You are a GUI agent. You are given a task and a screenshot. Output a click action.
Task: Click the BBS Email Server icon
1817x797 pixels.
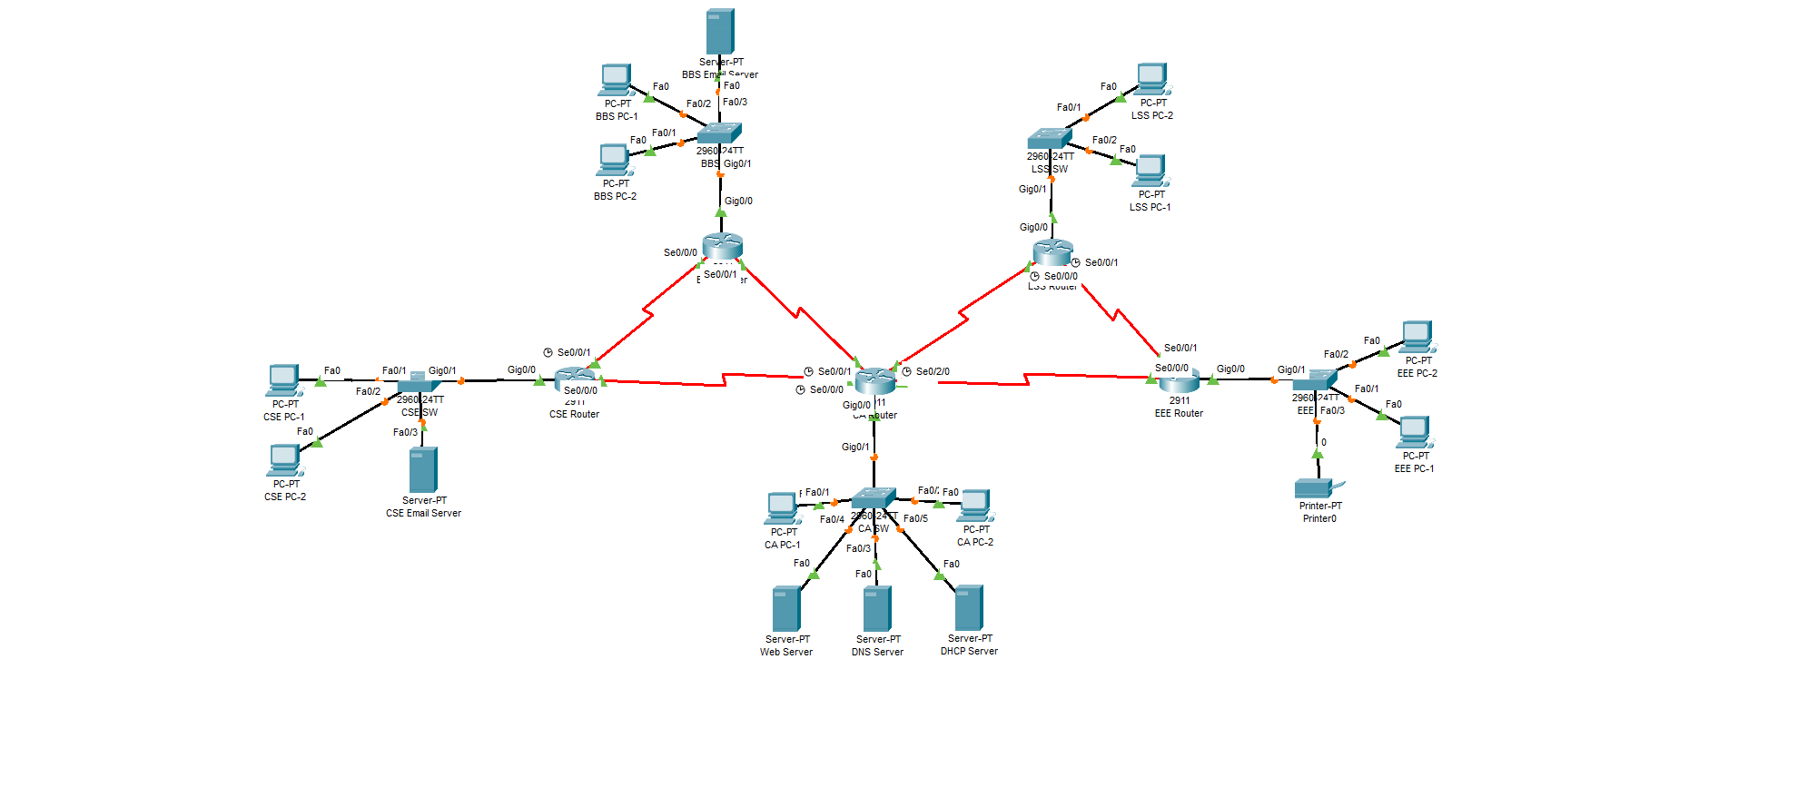click(719, 32)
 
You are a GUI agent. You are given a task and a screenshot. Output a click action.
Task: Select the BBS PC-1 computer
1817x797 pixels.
click(616, 80)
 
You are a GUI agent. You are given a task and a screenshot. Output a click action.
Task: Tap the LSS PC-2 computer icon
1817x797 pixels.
click(1151, 79)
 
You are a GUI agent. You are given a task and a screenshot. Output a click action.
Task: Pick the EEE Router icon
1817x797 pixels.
click(1179, 380)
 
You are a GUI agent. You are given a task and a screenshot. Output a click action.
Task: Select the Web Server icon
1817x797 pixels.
click(786, 608)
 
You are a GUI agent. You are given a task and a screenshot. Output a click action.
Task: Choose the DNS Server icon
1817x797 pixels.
click(877, 608)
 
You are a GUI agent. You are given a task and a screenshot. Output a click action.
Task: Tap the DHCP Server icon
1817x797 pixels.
click(969, 607)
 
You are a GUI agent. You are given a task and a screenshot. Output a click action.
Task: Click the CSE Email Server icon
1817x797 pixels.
click(423, 469)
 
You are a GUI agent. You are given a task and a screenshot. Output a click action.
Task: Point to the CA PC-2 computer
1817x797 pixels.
click(974, 506)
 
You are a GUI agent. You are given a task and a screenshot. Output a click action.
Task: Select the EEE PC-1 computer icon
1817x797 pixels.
click(1415, 432)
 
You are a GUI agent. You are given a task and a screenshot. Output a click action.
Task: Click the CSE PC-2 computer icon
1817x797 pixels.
click(284, 460)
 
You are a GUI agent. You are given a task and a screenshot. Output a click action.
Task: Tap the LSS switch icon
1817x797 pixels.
click(1050, 139)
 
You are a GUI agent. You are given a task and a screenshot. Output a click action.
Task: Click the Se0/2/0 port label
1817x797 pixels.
click(933, 371)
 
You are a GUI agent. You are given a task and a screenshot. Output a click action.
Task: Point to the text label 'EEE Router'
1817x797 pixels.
click(1179, 413)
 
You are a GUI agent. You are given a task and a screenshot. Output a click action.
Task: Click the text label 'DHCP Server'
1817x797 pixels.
click(969, 651)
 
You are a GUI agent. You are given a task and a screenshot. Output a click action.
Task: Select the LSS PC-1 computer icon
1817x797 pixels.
click(1150, 171)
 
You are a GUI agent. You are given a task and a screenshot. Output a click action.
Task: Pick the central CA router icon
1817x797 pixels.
click(874, 380)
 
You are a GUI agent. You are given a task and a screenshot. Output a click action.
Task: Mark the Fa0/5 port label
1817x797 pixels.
click(915, 518)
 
